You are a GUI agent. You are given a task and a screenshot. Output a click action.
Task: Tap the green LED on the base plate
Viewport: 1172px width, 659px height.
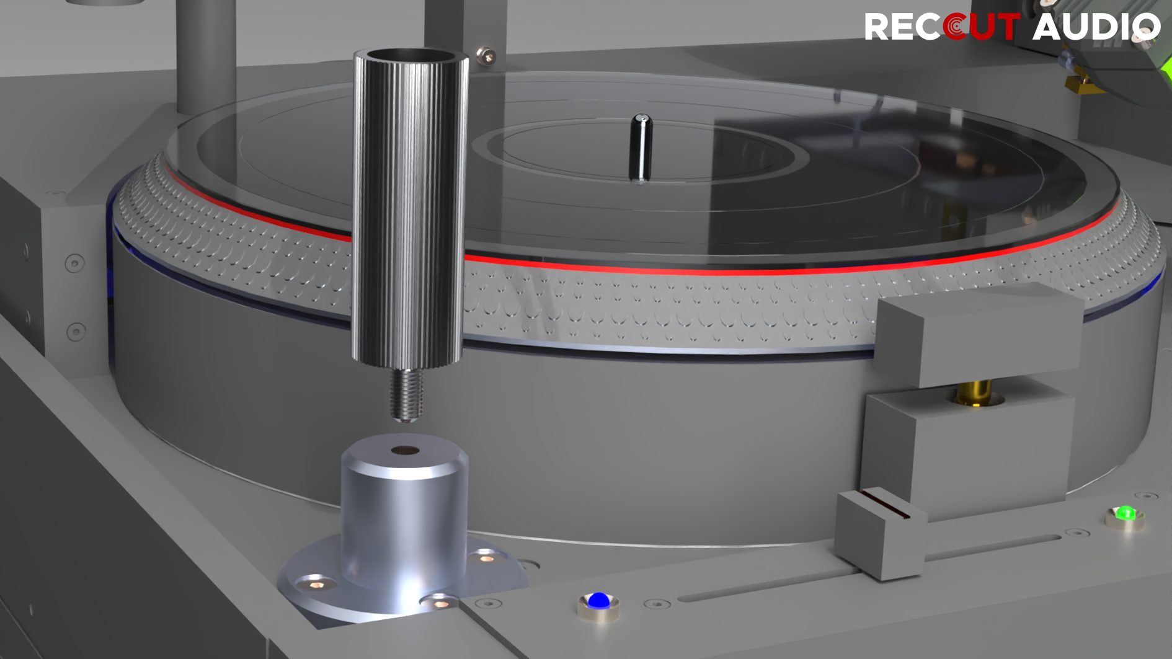point(1125,513)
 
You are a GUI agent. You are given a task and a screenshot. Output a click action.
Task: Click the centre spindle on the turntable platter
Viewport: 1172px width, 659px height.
point(641,147)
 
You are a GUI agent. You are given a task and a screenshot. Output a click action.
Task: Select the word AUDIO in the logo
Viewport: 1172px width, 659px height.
point(1096,27)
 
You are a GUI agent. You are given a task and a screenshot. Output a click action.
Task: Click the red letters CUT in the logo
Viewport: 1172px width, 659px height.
point(980,27)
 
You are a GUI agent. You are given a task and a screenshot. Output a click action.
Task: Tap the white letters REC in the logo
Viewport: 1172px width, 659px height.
point(903,27)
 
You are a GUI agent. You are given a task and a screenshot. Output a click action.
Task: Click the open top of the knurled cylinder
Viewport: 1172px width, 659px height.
point(411,56)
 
